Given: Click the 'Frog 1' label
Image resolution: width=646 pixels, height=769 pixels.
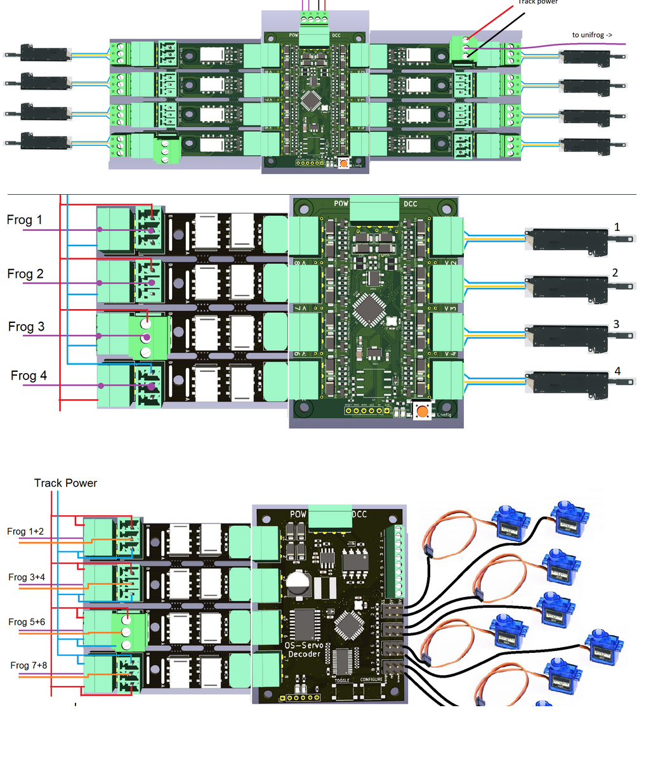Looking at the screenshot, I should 25,220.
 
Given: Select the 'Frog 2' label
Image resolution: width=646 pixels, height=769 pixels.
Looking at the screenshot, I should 25,274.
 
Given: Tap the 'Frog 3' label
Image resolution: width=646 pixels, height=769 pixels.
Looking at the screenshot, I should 26,327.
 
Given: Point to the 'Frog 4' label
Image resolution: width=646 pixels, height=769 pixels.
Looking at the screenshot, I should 29,376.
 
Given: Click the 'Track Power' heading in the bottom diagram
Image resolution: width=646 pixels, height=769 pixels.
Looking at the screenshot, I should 65,483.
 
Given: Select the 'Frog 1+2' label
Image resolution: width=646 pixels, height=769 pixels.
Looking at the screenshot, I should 25,532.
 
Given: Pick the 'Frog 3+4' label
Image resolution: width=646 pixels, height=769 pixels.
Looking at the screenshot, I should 27,577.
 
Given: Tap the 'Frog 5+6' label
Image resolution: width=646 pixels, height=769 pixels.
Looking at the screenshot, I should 27,622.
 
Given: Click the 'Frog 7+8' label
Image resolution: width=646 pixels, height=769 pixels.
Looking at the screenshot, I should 29,666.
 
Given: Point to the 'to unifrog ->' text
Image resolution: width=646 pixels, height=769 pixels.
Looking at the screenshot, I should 592,36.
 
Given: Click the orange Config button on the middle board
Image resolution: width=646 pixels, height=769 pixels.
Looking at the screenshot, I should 422,412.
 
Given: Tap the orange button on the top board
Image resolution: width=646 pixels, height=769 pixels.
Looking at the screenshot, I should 343,163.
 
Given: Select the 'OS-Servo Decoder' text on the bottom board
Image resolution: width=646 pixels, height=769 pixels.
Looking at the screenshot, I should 305,650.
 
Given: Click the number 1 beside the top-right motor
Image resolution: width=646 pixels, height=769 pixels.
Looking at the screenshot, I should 617,227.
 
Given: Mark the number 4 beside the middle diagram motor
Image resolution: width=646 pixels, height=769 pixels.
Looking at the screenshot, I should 617,372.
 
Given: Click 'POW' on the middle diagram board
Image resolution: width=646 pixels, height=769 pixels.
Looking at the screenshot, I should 341,204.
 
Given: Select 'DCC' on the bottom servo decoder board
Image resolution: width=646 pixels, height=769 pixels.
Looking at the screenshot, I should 359,514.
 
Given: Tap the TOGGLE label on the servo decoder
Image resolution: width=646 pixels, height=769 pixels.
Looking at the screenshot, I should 342,680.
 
